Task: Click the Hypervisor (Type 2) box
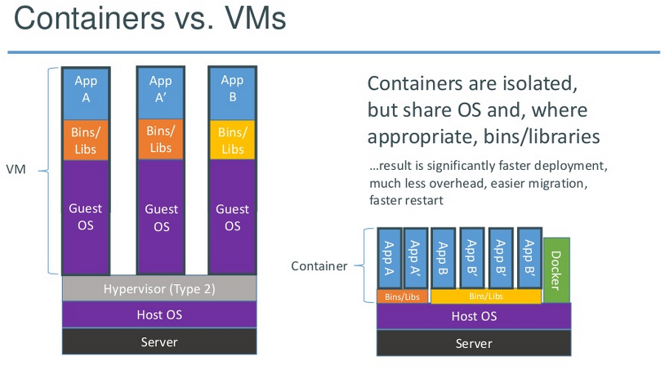pos(159,288)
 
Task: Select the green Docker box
pos(556,270)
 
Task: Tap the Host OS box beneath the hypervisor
pos(159,314)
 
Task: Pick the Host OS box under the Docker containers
pos(474,316)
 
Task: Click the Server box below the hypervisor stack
pos(159,341)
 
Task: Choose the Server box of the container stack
pos(474,343)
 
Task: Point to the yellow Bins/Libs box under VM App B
pos(232,140)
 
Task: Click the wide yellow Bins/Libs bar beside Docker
pos(486,296)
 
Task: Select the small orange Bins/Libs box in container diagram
pos(402,296)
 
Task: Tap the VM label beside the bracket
pos(16,170)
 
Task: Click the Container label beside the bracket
pos(319,266)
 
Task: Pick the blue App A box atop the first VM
pos(86,94)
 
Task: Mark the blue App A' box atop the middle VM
pos(160,93)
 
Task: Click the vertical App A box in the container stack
pos(390,259)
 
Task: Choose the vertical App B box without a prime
pos(443,259)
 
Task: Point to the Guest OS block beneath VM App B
pos(232,216)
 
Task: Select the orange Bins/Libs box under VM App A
pos(86,140)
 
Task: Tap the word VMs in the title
pos(256,18)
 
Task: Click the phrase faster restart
pos(406,200)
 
